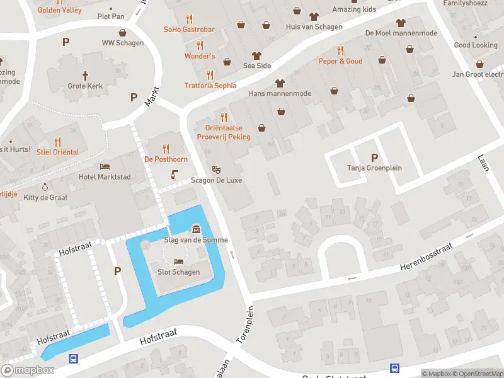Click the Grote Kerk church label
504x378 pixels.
[85, 86]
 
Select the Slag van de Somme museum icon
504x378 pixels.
[196, 229]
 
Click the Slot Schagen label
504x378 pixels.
[178, 272]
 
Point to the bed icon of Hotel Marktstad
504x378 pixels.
[105, 166]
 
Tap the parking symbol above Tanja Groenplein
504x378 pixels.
[375, 157]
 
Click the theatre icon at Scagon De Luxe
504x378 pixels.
[216, 169]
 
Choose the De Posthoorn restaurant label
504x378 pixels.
[166, 159]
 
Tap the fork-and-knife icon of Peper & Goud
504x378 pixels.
[340, 50]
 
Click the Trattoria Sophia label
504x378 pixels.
[210, 86]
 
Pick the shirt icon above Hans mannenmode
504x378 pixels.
[280, 83]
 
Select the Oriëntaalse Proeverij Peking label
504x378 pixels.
[223, 132]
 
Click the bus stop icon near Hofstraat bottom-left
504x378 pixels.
[74, 358]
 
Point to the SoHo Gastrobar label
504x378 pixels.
[189, 30]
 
